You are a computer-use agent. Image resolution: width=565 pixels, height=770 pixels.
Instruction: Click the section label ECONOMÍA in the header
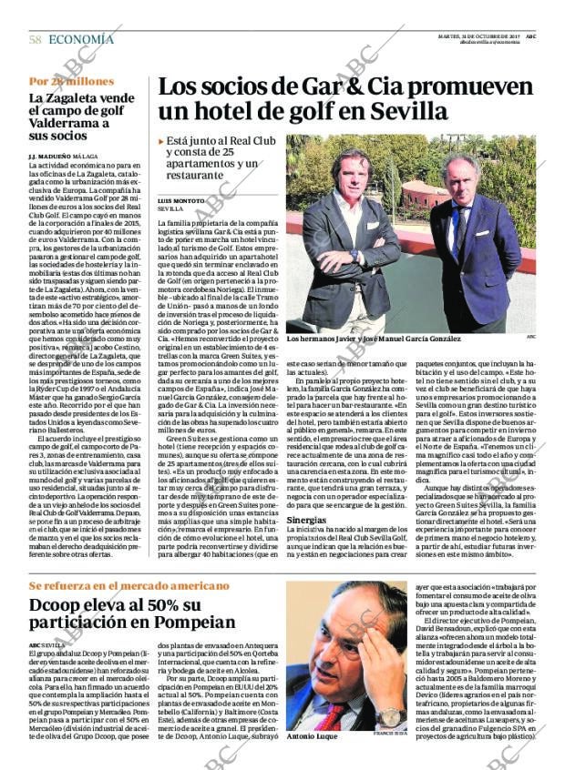point(81,39)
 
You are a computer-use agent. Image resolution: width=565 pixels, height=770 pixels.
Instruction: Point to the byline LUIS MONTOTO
point(181,199)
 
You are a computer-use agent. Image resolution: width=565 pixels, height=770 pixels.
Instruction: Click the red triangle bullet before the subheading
point(161,142)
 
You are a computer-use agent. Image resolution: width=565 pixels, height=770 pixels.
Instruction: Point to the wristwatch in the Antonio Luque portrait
point(392,715)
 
